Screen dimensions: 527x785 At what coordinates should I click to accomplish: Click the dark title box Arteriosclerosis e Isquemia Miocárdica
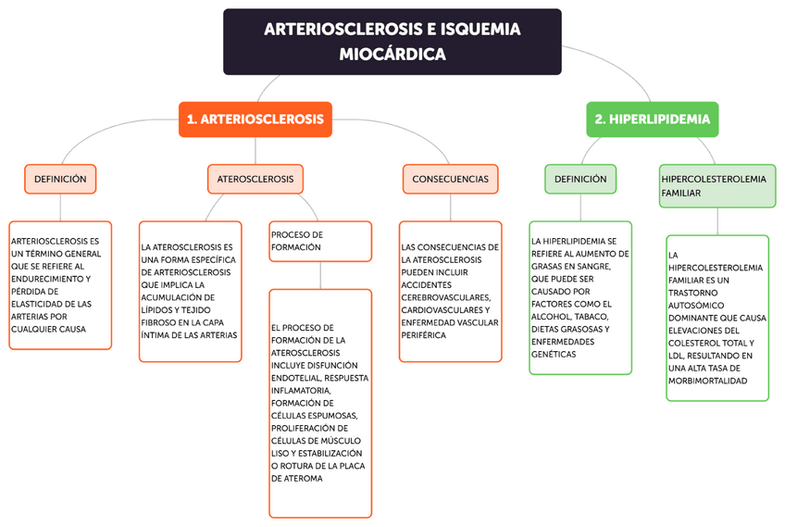(x=392, y=42)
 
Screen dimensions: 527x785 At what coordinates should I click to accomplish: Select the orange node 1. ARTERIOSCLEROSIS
(x=255, y=119)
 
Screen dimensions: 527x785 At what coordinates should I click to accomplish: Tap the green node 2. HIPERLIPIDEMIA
(x=652, y=119)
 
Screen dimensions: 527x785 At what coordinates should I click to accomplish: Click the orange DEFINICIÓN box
(x=60, y=179)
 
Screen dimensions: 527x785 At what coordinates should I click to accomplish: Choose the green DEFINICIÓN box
(x=580, y=179)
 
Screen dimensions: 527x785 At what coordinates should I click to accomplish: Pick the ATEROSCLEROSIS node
(x=255, y=179)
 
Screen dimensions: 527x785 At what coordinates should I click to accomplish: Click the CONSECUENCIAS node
(x=450, y=179)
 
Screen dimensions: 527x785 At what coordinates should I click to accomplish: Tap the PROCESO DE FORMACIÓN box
(x=319, y=241)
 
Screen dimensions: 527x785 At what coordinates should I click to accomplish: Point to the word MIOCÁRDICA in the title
(x=392, y=55)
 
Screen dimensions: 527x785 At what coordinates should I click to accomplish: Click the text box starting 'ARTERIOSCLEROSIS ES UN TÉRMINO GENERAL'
(x=60, y=284)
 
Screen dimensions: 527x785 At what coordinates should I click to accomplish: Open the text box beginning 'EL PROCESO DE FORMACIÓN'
(x=319, y=403)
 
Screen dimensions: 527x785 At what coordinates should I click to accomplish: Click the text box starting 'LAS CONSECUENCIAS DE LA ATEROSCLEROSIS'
(x=450, y=291)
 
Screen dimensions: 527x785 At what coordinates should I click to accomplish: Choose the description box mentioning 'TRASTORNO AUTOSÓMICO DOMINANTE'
(x=717, y=318)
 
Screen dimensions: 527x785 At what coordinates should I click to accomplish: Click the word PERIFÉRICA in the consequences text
(x=424, y=335)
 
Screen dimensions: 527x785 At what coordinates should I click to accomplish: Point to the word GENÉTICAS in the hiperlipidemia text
(x=554, y=354)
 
